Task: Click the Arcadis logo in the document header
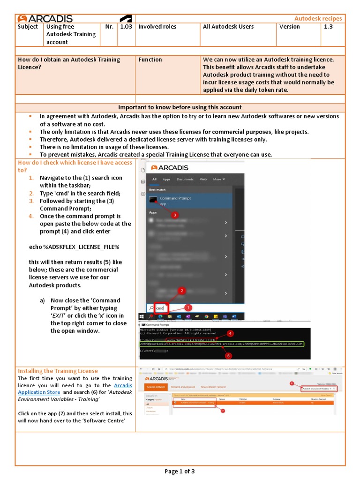(x=45, y=19)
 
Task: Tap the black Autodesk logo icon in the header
(x=125, y=19)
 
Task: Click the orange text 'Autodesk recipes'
(x=318, y=19)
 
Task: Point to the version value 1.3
(x=327, y=27)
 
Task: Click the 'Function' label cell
(x=150, y=60)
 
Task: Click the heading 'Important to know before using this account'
(x=180, y=107)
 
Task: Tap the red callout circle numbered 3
(x=174, y=215)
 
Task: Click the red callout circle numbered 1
(x=187, y=308)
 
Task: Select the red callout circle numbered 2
(x=182, y=291)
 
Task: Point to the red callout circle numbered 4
(x=230, y=334)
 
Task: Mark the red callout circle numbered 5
(x=229, y=356)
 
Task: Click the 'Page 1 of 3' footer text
(x=180, y=471)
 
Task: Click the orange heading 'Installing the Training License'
(x=58, y=371)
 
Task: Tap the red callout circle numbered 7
(x=223, y=411)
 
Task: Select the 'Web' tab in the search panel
(x=203, y=179)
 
